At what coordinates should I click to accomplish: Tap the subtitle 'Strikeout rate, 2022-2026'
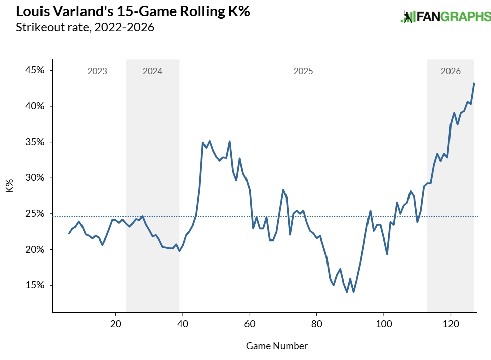click(85, 27)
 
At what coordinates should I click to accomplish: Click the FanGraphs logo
click(445, 17)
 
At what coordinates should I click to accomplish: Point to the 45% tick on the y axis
click(34, 70)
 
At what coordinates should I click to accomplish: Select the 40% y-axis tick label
click(34, 106)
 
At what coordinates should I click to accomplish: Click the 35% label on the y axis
click(34, 142)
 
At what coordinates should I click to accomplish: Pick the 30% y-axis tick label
click(34, 178)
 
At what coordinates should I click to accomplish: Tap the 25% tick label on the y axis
click(34, 214)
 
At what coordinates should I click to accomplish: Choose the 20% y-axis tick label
click(34, 250)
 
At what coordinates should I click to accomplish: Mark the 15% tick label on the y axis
click(34, 285)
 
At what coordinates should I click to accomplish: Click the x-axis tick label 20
click(115, 324)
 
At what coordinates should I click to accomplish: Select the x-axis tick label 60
click(250, 324)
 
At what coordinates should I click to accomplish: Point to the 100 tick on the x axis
click(384, 324)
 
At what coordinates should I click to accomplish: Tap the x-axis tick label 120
click(451, 324)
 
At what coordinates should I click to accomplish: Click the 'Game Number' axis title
click(276, 346)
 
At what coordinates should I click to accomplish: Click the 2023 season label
click(97, 71)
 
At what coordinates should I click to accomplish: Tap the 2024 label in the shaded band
click(152, 71)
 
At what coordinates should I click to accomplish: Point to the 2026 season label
click(451, 71)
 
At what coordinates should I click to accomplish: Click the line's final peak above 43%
click(474, 83)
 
